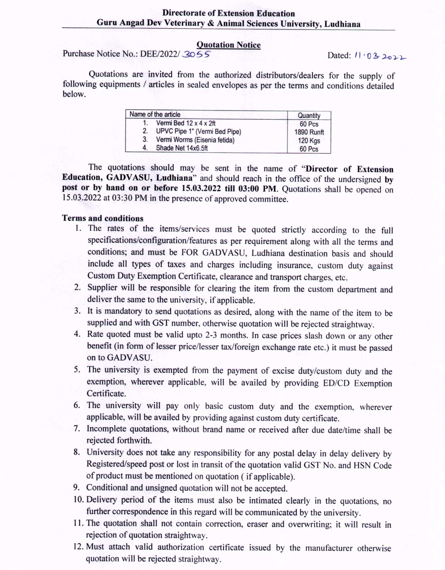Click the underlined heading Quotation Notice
point(228,45)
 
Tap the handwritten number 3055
point(196,54)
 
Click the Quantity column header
point(309,115)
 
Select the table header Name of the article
point(155,114)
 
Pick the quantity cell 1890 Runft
point(309,132)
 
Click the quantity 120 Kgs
point(309,140)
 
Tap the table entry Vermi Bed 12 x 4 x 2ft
point(186,123)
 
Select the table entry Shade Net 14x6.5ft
point(182,148)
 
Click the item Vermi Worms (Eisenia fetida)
point(195,140)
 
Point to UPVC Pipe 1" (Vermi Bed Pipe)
point(199,131)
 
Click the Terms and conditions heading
point(103,218)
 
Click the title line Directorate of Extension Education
point(228,13)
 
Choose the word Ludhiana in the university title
point(342,24)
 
